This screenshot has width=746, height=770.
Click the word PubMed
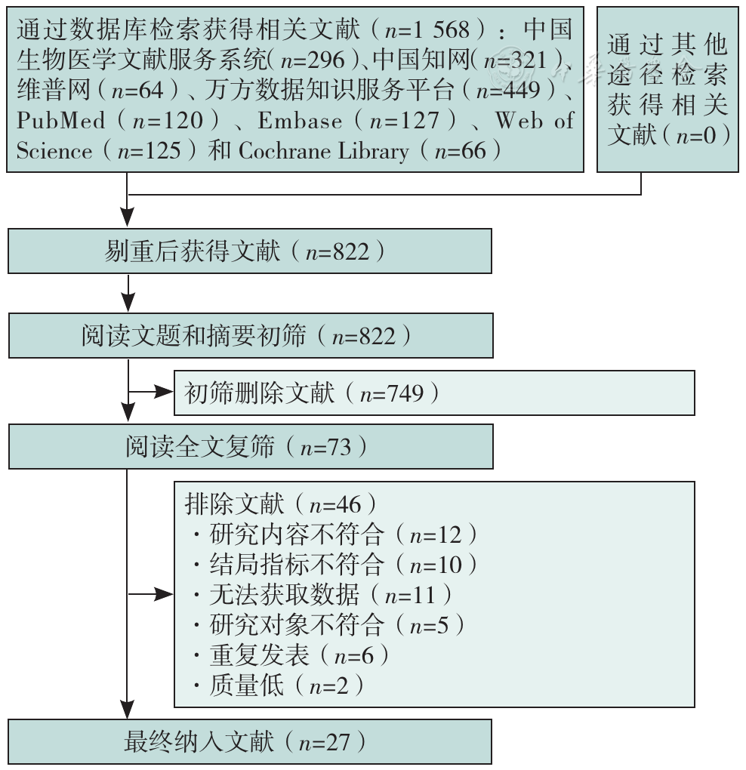point(61,120)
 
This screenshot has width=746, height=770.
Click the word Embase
point(300,120)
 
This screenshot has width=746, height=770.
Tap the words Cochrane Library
point(323,151)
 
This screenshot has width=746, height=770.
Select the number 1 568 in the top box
point(442,30)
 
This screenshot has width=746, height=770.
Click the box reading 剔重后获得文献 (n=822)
point(249,251)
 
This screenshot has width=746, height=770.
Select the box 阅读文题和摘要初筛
point(251,336)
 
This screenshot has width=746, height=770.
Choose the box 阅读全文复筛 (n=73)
point(251,447)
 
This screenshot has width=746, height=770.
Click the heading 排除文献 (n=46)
point(281,504)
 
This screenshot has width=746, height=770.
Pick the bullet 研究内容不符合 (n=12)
point(335,534)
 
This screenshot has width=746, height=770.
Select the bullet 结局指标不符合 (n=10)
point(335,564)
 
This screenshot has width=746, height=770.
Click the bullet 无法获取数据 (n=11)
point(322,595)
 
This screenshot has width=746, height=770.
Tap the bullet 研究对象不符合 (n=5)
point(328,624)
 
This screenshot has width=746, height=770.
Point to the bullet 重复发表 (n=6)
point(291,655)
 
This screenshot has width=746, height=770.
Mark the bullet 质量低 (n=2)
point(279,685)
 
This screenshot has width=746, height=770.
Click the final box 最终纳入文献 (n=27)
point(249,742)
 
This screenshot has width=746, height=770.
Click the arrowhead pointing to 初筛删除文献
point(164,392)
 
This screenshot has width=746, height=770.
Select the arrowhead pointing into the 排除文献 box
point(164,594)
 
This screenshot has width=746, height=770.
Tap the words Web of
point(535,120)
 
